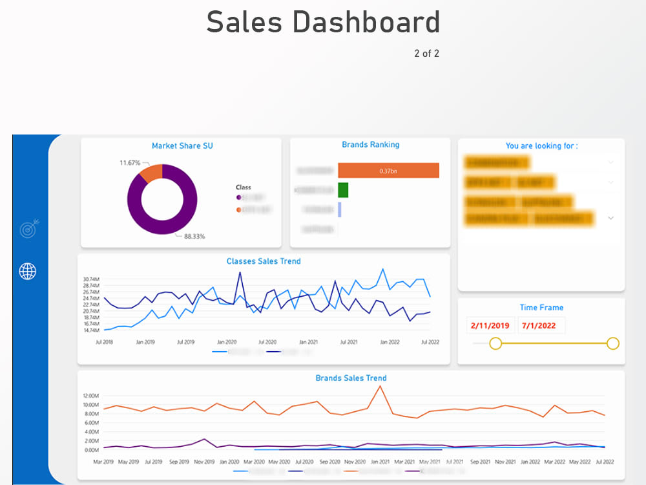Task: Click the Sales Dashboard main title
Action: (x=323, y=23)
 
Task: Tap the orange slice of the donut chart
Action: (x=151, y=173)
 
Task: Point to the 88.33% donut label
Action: (x=194, y=237)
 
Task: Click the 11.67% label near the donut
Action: (x=130, y=162)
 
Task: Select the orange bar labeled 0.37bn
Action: (x=388, y=171)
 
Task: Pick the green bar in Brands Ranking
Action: (x=343, y=190)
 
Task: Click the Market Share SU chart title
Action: (x=182, y=146)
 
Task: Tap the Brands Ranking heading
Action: (x=371, y=145)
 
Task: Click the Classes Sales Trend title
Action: (x=264, y=261)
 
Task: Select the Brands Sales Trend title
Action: (x=351, y=378)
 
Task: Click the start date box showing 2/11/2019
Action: (x=490, y=325)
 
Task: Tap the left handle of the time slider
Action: (x=495, y=343)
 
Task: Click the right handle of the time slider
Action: (x=613, y=343)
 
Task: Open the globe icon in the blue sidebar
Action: (x=28, y=271)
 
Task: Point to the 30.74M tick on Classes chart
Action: (x=91, y=279)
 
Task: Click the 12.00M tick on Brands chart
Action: (x=90, y=396)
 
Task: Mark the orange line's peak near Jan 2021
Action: (x=380, y=386)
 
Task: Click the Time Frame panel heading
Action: (x=541, y=308)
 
